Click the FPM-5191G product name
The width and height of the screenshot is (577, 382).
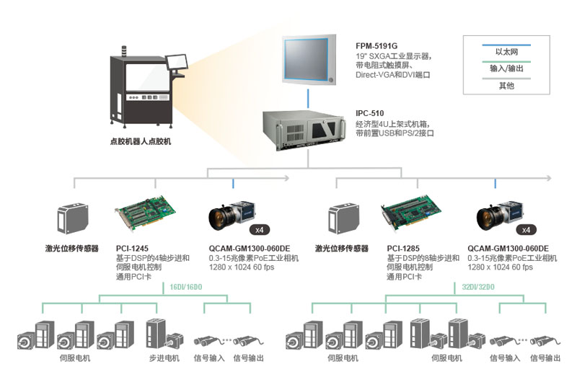tap(376, 45)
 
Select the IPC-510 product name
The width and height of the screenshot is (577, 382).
tap(370, 113)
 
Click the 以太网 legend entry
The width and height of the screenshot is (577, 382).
tap(506, 53)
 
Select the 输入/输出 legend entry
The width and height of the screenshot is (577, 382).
tap(506, 69)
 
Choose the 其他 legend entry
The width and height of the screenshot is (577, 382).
tap(506, 86)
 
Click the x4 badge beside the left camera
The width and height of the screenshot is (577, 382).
tap(257, 229)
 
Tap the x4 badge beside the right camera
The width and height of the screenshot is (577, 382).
tap(526, 229)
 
